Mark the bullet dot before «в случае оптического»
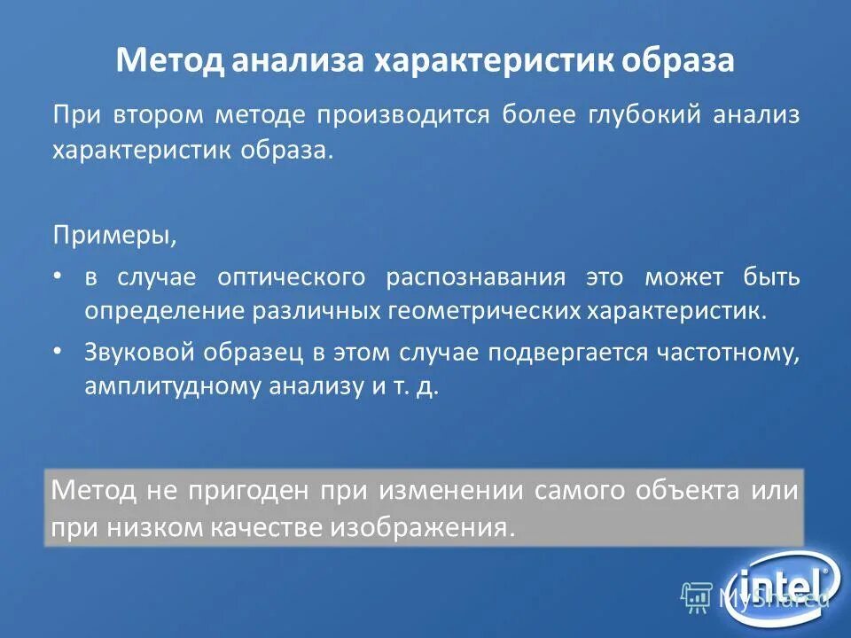pyautogui.click(x=59, y=276)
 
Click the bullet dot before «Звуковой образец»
pyautogui.click(x=59, y=352)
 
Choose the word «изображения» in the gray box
pyautogui.click(x=422, y=527)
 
